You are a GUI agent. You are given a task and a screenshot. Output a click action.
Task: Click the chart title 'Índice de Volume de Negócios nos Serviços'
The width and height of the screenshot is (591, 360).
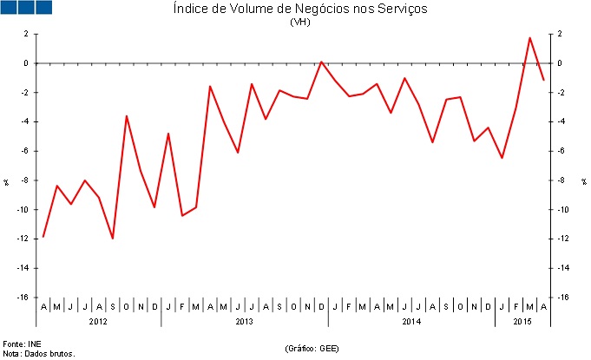click(x=299, y=10)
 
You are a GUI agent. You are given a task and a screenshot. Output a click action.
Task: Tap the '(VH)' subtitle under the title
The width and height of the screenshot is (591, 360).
click(x=299, y=23)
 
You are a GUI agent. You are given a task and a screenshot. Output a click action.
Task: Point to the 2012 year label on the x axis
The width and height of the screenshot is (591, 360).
click(x=98, y=322)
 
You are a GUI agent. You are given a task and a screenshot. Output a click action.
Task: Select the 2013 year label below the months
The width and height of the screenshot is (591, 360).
click(x=244, y=322)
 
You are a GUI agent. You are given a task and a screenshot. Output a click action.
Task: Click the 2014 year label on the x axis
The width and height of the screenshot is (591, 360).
click(x=411, y=322)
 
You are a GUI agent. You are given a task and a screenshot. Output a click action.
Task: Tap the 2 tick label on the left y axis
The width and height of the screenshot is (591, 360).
click(x=26, y=34)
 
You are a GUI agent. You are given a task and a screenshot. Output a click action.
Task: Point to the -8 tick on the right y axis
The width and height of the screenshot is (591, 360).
click(x=562, y=180)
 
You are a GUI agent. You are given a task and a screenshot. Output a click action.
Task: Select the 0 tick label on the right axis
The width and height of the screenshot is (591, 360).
click(x=561, y=63)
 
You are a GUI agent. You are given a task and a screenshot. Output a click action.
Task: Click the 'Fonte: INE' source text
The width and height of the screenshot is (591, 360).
click(x=21, y=344)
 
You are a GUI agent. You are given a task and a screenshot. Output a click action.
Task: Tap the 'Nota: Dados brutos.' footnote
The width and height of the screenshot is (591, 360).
click(x=39, y=353)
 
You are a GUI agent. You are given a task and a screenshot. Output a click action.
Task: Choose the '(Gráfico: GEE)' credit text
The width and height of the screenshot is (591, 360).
click(x=312, y=348)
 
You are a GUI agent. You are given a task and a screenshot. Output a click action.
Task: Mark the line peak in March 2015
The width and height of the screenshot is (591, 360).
click(x=529, y=37)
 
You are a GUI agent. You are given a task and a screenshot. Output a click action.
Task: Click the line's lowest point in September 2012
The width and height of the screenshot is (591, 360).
click(x=113, y=238)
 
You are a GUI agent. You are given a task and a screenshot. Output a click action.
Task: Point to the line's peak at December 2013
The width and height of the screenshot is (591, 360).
click(x=321, y=62)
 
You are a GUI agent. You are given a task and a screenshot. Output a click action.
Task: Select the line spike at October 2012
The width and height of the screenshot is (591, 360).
click(x=127, y=115)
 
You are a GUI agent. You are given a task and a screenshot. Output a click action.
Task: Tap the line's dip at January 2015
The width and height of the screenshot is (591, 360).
click(x=502, y=158)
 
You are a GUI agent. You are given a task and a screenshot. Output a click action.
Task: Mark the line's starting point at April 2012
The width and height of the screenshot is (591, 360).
click(x=43, y=237)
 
